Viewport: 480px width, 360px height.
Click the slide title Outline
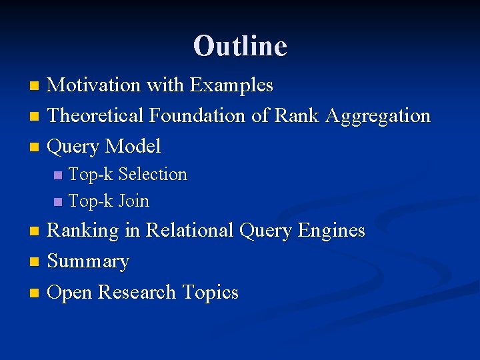240,46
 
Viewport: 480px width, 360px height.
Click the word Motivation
94,85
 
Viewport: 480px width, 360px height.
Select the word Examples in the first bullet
231,85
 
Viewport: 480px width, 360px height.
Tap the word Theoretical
96,116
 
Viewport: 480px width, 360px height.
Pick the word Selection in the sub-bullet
152,175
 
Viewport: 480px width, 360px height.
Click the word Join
133,201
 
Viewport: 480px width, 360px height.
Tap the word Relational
189,231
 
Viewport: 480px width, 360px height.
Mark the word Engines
331,231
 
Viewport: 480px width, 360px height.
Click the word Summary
88,261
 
